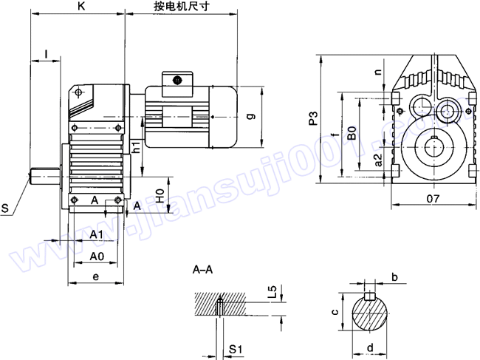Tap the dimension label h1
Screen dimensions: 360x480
click(137, 146)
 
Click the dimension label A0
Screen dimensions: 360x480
click(97, 256)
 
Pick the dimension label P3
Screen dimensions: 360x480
click(313, 118)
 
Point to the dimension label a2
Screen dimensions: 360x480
click(378, 160)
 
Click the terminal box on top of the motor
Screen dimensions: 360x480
click(178, 79)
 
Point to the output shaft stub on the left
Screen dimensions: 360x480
click(44, 176)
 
